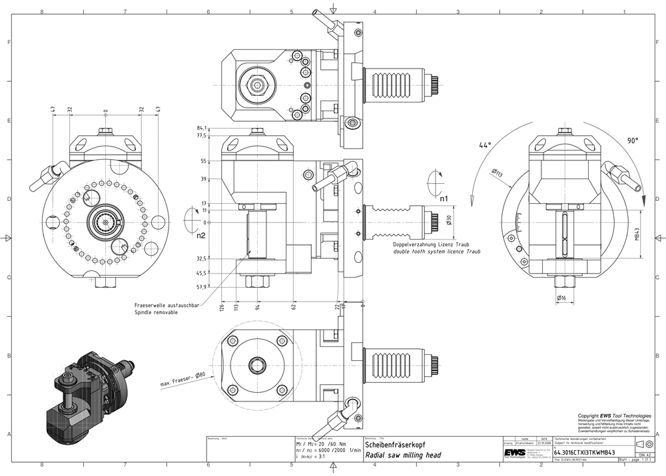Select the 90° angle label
(631, 141)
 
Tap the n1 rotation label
(444, 197)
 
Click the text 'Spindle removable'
(157, 312)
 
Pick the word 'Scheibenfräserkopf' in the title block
(395, 444)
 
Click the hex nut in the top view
(258, 85)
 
